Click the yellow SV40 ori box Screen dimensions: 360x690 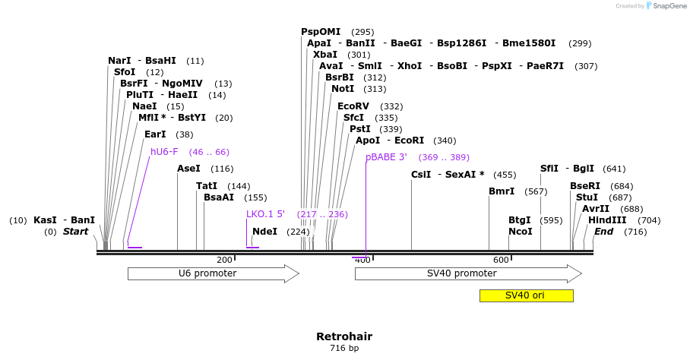[526, 295]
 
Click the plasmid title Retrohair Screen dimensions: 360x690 [344, 336]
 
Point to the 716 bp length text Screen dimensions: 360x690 [344, 349]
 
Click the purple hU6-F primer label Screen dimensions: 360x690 [164, 152]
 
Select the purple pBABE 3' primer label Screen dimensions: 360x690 [386, 157]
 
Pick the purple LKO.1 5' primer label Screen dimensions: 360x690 [265, 214]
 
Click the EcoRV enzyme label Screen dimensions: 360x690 [353, 106]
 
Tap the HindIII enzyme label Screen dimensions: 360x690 [607, 220]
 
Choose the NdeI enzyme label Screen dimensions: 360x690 [264, 232]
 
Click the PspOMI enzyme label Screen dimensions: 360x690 [321, 32]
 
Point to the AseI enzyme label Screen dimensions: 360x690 [188, 169]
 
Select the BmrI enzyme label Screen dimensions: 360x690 [502, 191]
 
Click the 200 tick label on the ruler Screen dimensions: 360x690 [225, 260]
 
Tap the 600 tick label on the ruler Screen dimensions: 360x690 [501, 260]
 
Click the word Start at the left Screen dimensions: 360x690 [75, 232]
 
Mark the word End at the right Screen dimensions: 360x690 [603, 232]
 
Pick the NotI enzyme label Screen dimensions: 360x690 [343, 89]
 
